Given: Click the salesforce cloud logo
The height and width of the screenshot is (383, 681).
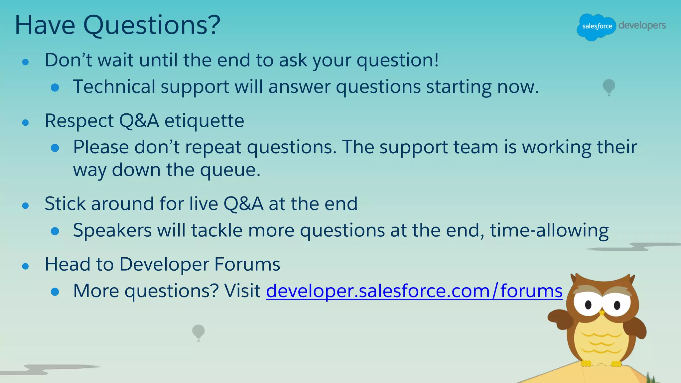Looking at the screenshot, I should click(x=596, y=27).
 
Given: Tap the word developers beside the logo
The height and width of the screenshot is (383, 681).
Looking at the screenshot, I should click(x=642, y=26).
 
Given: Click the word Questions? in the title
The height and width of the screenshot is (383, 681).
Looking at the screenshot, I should click(x=152, y=25).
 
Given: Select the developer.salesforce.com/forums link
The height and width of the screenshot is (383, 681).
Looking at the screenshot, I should click(x=414, y=291).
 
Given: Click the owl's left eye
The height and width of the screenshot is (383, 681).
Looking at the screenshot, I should click(x=588, y=304).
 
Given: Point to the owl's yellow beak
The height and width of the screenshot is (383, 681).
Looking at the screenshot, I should click(x=602, y=313).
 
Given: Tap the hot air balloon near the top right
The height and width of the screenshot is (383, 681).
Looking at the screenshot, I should click(x=609, y=87).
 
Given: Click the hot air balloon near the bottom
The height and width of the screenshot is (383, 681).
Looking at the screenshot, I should click(x=199, y=332).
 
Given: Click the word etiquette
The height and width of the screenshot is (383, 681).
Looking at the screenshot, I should click(x=204, y=121).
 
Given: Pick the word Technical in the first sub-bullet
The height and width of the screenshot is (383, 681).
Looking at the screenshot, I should click(x=114, y=87).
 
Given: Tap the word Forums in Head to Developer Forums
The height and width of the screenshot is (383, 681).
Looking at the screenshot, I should click(x=247, y=264).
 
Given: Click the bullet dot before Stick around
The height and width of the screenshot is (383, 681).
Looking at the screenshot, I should click(x=26, y=206).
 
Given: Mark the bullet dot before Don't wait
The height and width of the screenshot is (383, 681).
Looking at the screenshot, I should click(x=26, y=62).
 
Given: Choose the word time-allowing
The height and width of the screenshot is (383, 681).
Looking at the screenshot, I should click(x=549, y=230).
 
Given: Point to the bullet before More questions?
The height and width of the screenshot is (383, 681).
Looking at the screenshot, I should click(x=55, y=292).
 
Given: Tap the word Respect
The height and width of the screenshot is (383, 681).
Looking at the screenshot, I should click(x=79, y=121).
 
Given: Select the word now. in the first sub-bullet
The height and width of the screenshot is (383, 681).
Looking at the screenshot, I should click(x=518, y=87).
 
